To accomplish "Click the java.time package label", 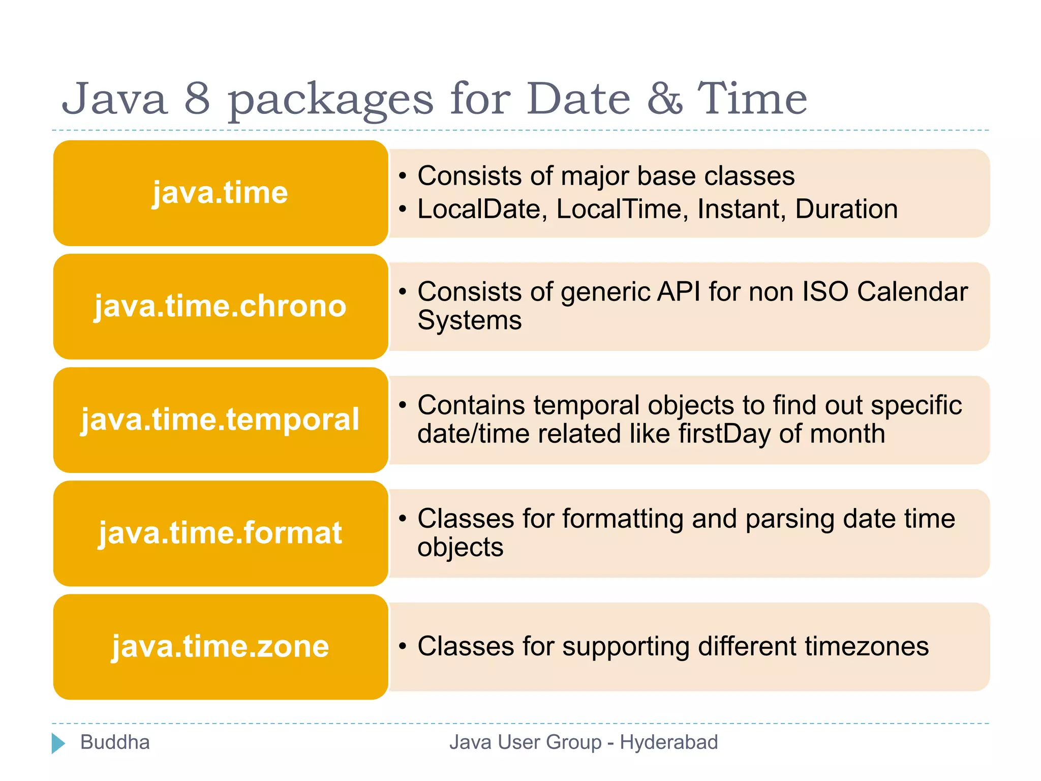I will click(x=220, y=193).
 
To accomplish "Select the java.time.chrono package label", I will click(x=220, y=307).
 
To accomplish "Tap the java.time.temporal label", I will click(x=220, y=420).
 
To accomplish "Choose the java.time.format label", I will click(x=220, y=533).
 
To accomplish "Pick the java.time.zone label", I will click(x=220, y=647).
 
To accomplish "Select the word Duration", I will click(x=846, y=209).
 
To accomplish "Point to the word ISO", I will click(x=825, y=292).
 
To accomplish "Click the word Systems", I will click(x=469, y=321).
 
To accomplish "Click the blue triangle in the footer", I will click(x=58, y=743).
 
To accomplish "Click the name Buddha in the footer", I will click(x=115, y=742).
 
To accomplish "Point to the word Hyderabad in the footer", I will click(x=668, y=742).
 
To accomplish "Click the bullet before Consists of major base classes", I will click(x=403, y=176).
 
